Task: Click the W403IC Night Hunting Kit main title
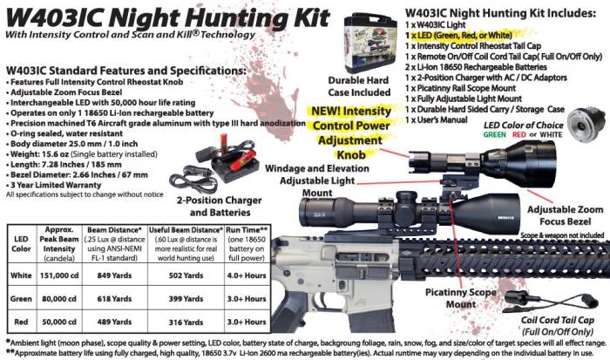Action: pos(166,17)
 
